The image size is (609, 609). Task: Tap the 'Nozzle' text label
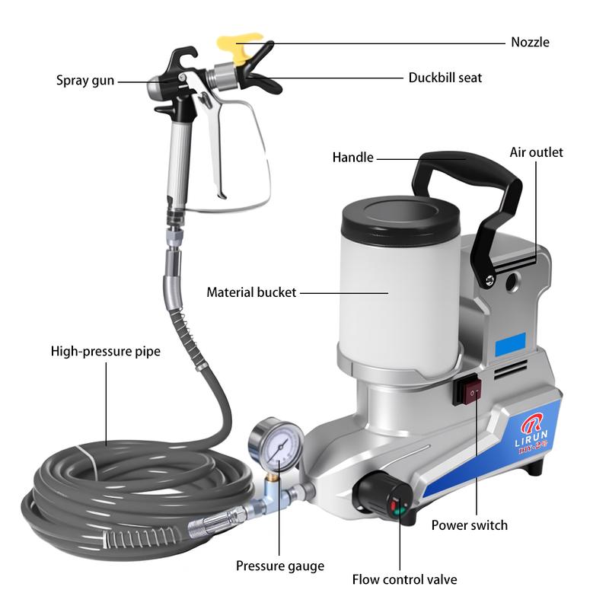529,43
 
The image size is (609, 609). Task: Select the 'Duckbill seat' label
445,78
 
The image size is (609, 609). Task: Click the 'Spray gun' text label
84,79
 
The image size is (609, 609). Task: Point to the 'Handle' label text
353,158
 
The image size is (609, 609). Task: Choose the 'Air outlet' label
536,152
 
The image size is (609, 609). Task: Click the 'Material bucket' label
252,292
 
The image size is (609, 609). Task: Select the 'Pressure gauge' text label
279,566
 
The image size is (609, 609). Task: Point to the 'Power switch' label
469,525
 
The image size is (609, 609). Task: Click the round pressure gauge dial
276,447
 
